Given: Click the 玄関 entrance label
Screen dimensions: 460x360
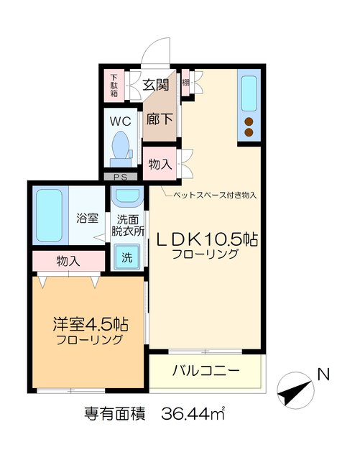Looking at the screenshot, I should point(154,85).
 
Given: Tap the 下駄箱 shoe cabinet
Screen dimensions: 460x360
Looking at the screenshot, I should point(114,87).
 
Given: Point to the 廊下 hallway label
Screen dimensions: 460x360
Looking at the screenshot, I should point(157,119).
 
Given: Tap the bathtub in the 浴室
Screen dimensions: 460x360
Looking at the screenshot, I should point(50,215).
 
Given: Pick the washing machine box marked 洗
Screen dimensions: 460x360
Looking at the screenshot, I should point(126,257).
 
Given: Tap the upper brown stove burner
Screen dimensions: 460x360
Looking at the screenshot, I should point(249,121).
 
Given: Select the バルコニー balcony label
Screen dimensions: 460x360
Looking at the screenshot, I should point(206,371).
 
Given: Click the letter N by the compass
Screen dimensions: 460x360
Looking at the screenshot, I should point(323,374).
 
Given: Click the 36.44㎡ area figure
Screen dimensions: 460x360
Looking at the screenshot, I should point(193,415).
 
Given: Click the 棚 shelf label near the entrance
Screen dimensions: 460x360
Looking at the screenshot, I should point(185,83).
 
